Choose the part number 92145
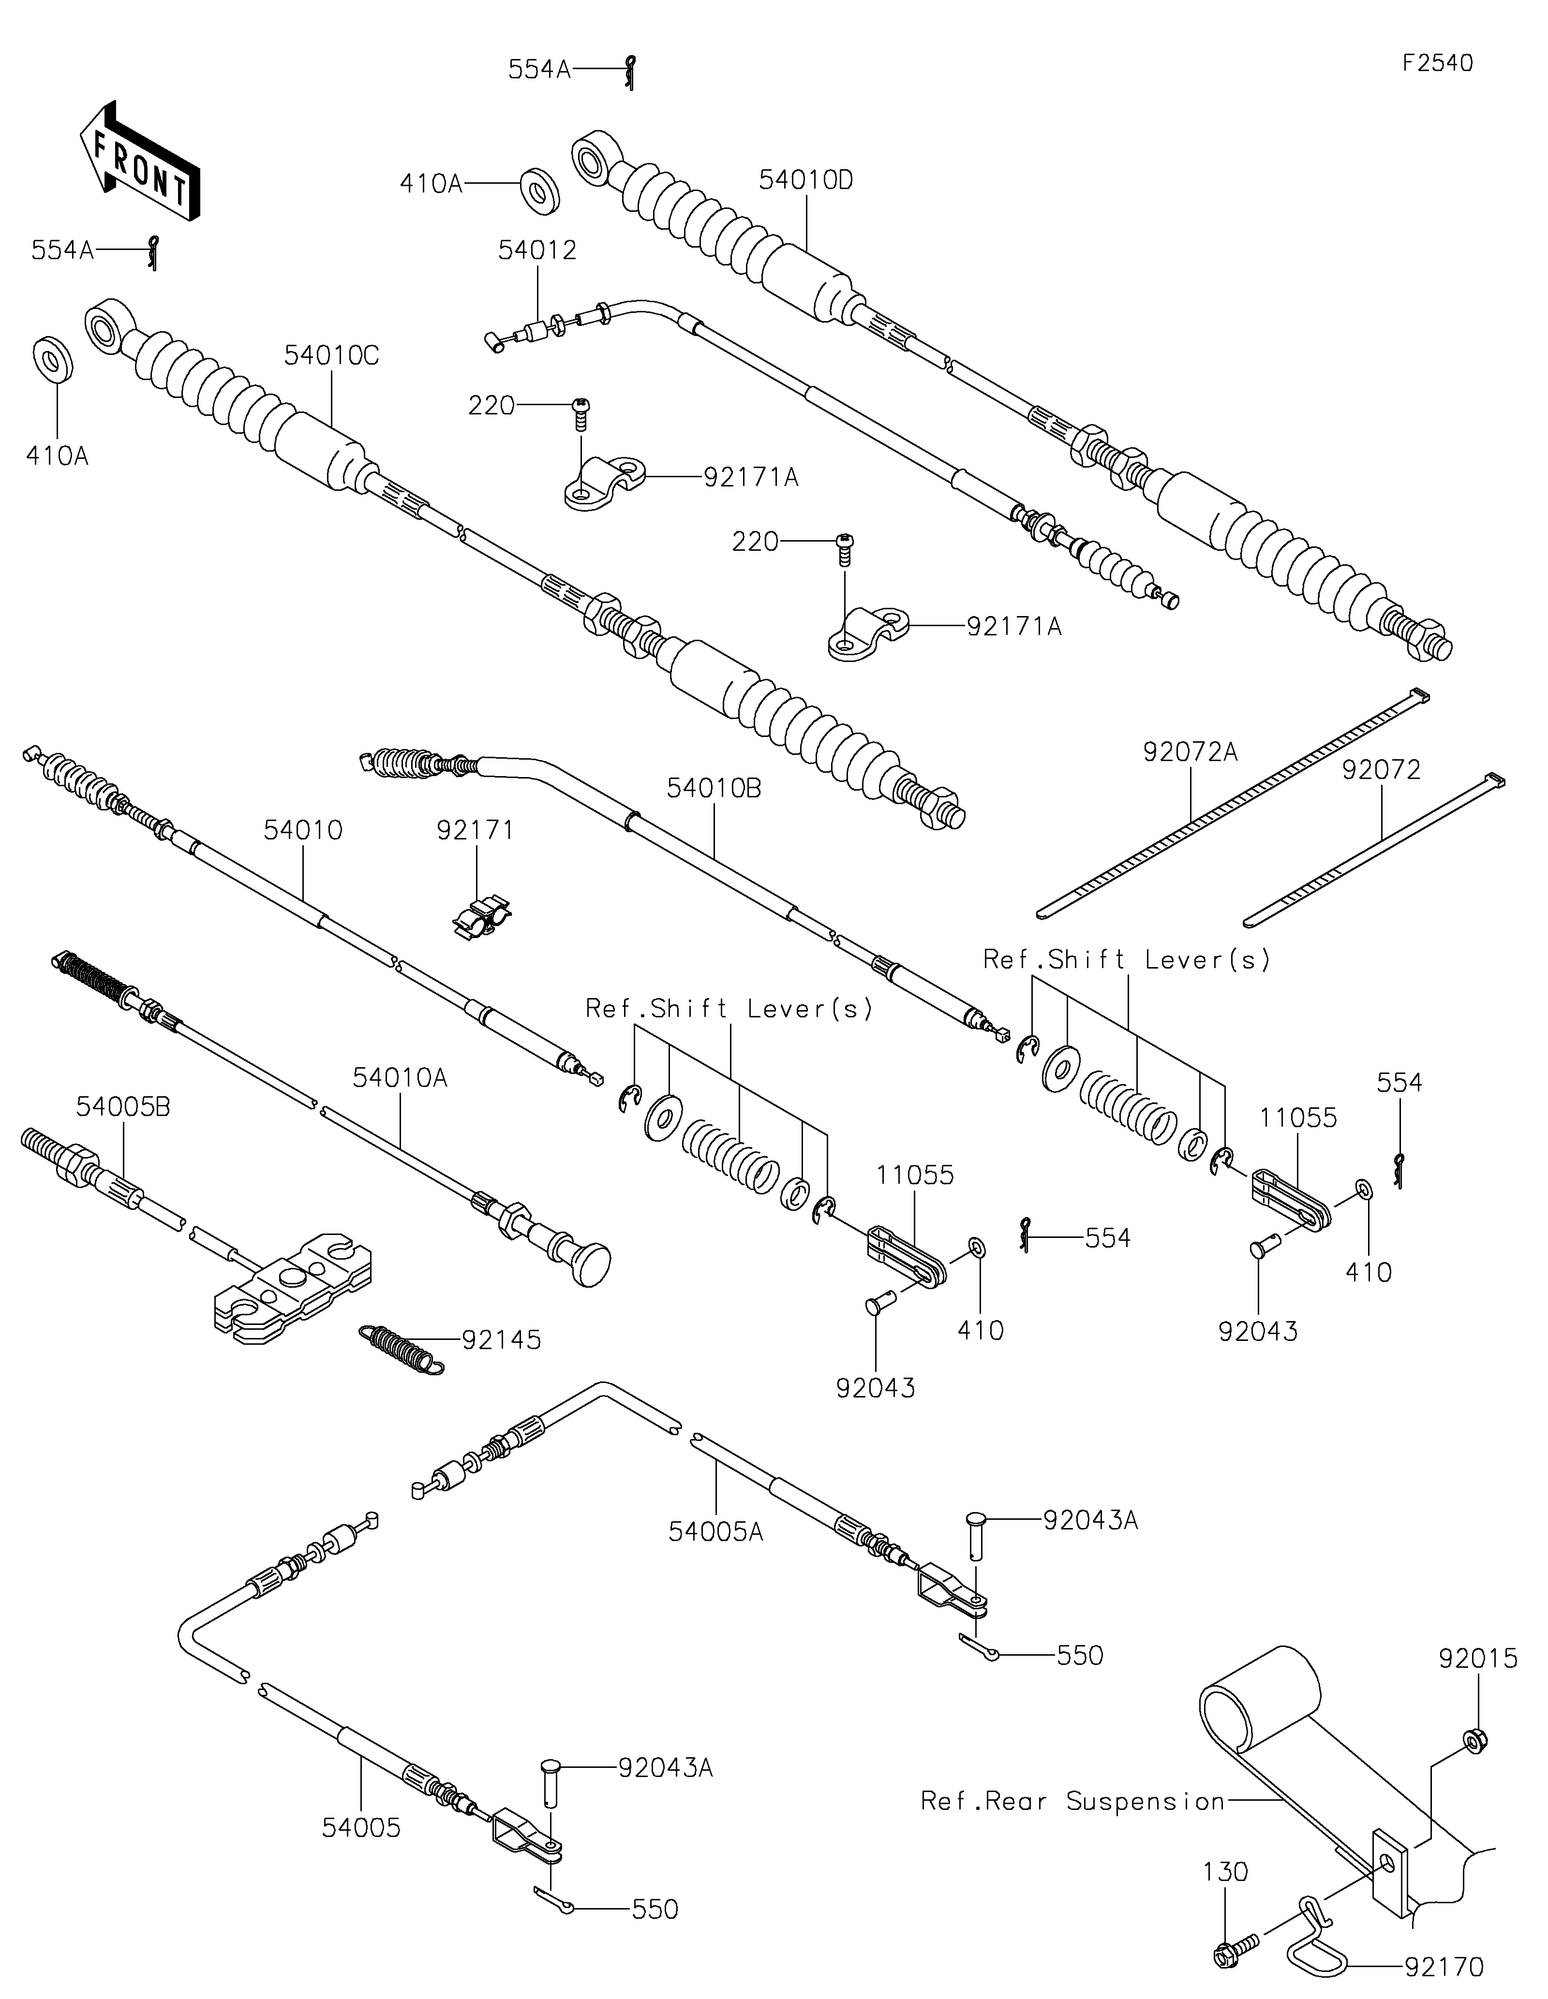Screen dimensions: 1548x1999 click(502, 1340)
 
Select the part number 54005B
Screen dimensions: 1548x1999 click(123, 1106)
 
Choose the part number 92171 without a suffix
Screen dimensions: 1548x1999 click(475, 830)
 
